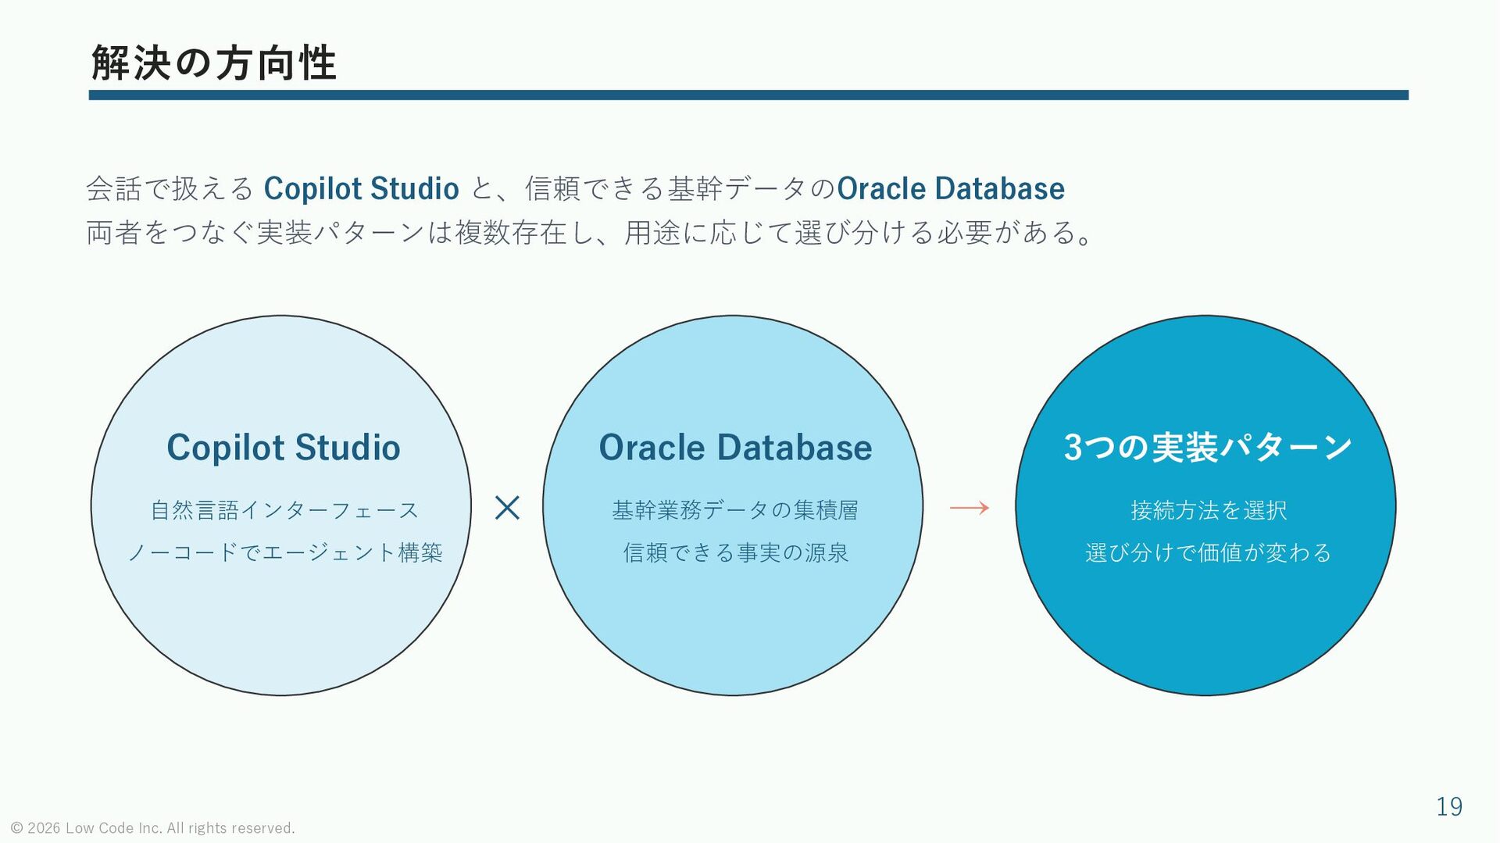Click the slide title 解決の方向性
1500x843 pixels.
pos(213,63)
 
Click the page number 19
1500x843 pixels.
pos(1449,806)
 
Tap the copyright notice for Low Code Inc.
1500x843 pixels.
pos(152,828)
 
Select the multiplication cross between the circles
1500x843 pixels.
pos(507,508)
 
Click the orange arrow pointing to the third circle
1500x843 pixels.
pos(970,508)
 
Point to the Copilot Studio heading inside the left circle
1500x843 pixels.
pos(284,448)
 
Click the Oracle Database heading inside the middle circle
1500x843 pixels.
pos(735,448)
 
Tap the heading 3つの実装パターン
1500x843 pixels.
pos(1207,447)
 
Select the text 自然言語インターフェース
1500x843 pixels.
pos(284,510)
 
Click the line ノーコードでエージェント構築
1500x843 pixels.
pos(284,552)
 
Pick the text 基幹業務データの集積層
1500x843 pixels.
pos(735,510)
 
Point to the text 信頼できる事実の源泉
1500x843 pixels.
pos(735,552)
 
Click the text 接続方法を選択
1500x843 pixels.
pos(1208,510)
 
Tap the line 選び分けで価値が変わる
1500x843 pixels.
pos(1208,552)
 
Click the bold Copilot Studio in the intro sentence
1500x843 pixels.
pos(361,189)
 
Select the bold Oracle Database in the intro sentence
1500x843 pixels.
pos(951,188)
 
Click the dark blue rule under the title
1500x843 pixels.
pos(748,95)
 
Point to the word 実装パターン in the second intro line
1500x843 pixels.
pos(341,233)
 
